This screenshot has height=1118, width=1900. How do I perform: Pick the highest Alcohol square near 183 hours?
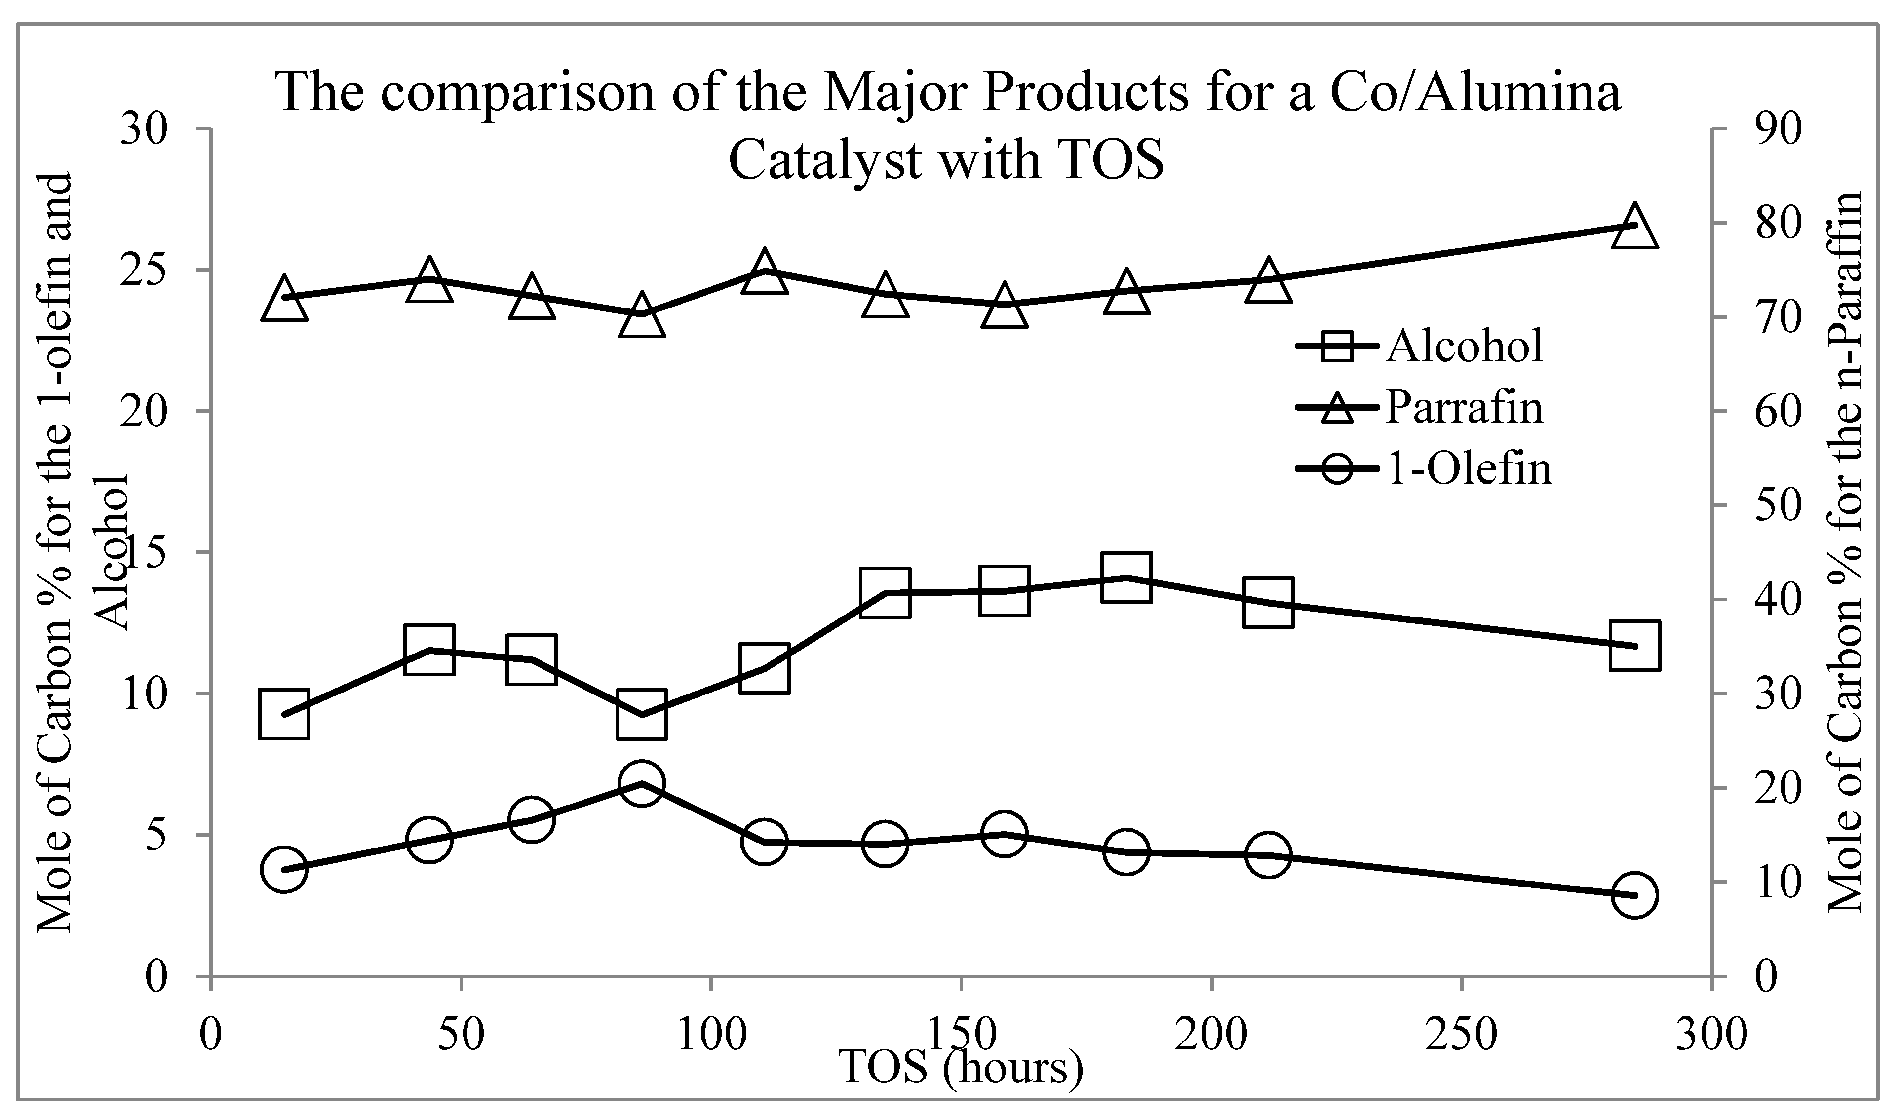[1126, 578]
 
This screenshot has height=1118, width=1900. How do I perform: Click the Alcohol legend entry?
[1421, 346]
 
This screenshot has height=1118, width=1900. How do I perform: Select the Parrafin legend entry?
[1421, 407]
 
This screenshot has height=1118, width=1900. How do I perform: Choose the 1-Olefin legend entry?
[1425, 468]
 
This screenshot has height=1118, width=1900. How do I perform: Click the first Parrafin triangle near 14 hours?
[283, 298]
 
